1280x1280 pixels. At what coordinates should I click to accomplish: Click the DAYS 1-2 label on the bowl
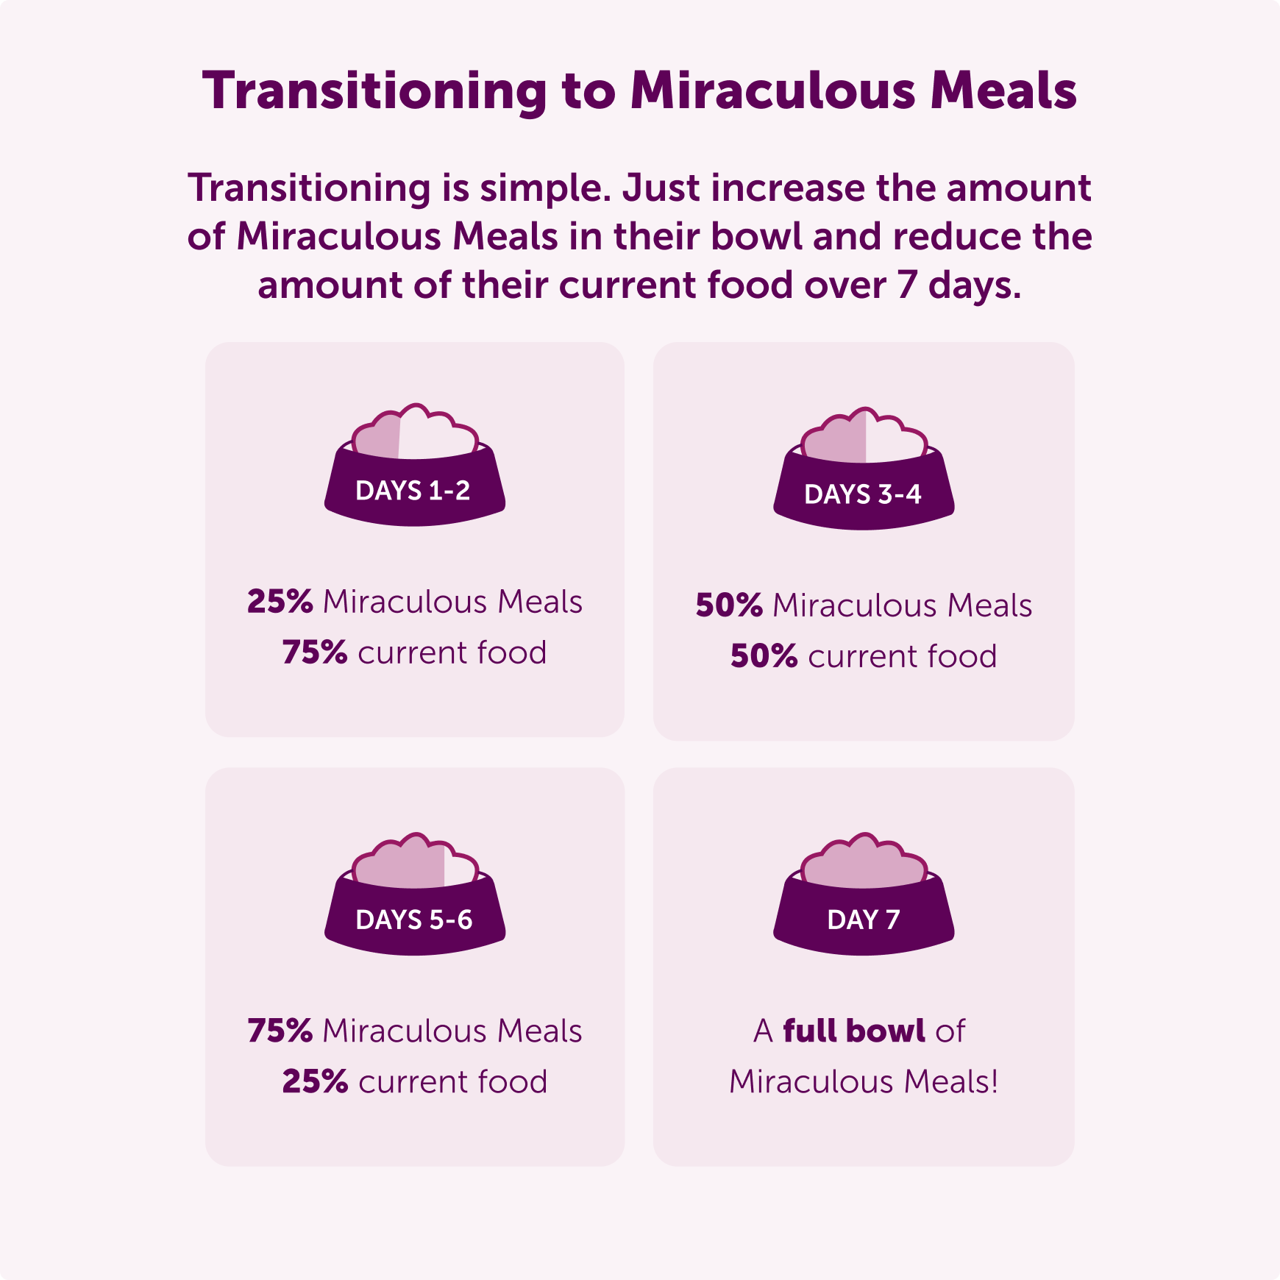point(413,491)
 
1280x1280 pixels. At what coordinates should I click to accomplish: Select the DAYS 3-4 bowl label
point(862,494)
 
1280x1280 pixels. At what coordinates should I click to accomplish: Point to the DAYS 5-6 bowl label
point(413,920)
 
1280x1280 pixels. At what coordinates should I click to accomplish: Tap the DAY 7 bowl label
point(863,920)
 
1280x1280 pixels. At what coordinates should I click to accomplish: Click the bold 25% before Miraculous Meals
point(280,602)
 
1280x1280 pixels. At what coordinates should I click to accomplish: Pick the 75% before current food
point(315,653)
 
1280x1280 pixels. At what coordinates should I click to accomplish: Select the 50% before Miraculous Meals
point(729,605)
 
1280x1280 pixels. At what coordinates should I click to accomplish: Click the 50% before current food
point(764,656)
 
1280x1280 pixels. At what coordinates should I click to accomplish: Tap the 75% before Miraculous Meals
point(280,1031)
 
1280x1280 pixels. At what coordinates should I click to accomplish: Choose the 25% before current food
point(315,1081)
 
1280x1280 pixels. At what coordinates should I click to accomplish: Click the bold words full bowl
point(853,1031)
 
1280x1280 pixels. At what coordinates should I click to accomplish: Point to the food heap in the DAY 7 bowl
point(863,864)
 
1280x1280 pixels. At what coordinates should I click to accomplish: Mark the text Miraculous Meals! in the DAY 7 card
point(864,1081)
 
